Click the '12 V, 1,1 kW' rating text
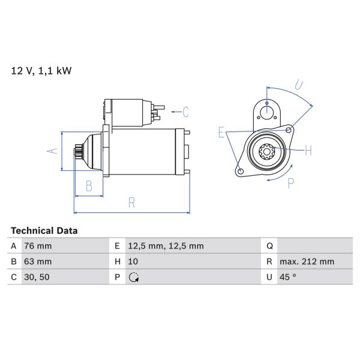(41, 71)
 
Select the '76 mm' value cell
(37, 246)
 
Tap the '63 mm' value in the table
(37, 262)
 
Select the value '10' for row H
(133, 262)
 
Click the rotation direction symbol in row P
(133, 277)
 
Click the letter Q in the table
(269, 246)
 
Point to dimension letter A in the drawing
(52, 151)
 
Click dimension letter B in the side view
(88, 186)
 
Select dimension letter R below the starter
(131, 203)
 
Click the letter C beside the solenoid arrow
(185, 112)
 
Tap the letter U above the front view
(299, 85)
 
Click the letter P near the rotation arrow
(290, 184)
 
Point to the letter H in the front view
(308, 151)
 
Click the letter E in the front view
(221, 133)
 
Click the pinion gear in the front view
(266, 151)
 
